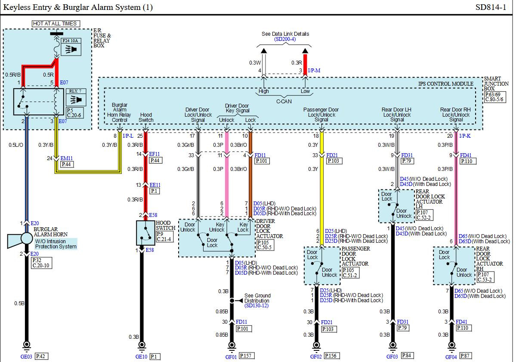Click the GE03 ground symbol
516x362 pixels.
pos(27,344)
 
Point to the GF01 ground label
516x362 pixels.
pos(231,356)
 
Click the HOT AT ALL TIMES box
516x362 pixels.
pos(56,24)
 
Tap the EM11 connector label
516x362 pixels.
pos(67,158)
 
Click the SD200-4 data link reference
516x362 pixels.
pos(285,39)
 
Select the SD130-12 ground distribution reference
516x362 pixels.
pos(256,306)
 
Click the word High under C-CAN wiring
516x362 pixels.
pos(264,91)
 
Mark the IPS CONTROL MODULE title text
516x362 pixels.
pos(446,84)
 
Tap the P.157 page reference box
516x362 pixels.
pos(246,356)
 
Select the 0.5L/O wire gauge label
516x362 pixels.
pos(16,145)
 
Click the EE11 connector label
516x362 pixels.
pos(154,185)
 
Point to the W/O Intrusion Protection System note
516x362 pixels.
pos(56,244)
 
